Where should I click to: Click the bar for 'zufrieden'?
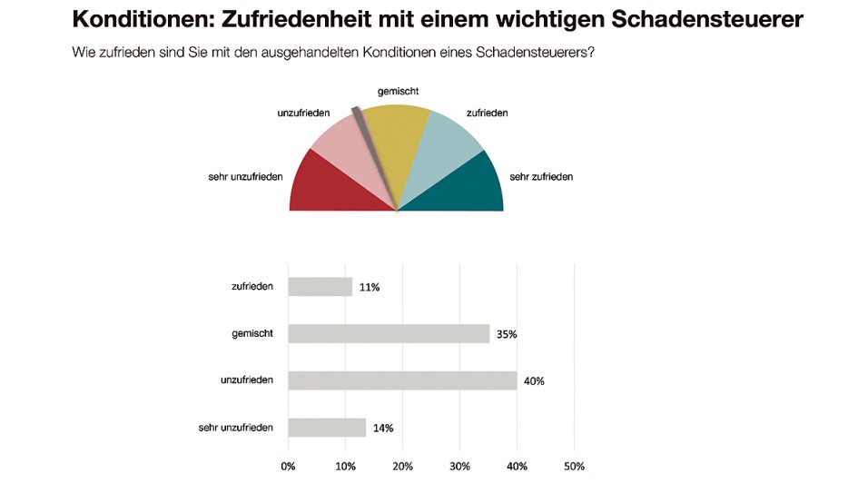click(320, 287)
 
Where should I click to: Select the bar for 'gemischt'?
click(389, 333)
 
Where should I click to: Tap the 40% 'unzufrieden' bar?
click(402, 380)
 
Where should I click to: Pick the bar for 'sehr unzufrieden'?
click(327, 428)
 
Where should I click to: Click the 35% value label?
click(507, 334)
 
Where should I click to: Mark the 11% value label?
click(369, 288)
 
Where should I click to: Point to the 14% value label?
click(382, 429)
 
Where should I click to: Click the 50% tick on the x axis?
click(574, 467)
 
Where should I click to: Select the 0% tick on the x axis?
click(288, 467)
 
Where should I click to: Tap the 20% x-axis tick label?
click(402, 467)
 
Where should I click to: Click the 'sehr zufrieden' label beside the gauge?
click(541, 176)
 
